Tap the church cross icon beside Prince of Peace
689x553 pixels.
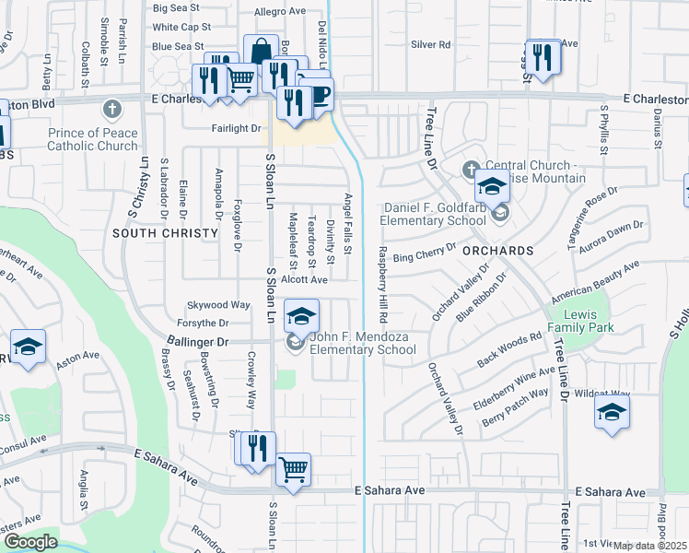tap(112, 110)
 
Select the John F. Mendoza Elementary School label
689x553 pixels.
tap(362, 343)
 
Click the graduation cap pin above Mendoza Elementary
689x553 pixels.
tap(301, 316)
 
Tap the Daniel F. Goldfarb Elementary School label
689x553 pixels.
tap(436, 215)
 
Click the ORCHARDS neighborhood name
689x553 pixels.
tap(497, 251)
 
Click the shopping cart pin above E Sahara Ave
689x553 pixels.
tap(293, 470)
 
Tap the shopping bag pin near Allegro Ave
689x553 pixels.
tap(261, 51)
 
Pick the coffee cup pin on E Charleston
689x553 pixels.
tap(318, 95)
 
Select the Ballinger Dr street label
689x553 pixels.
tap(196, 341)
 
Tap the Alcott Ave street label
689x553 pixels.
tap(305, 279)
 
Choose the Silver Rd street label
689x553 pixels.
tap(430, 44)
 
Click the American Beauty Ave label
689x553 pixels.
tap(594, 283)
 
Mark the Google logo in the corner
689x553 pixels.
tap(30, 542)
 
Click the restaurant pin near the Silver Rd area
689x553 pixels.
tap(542, 57)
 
